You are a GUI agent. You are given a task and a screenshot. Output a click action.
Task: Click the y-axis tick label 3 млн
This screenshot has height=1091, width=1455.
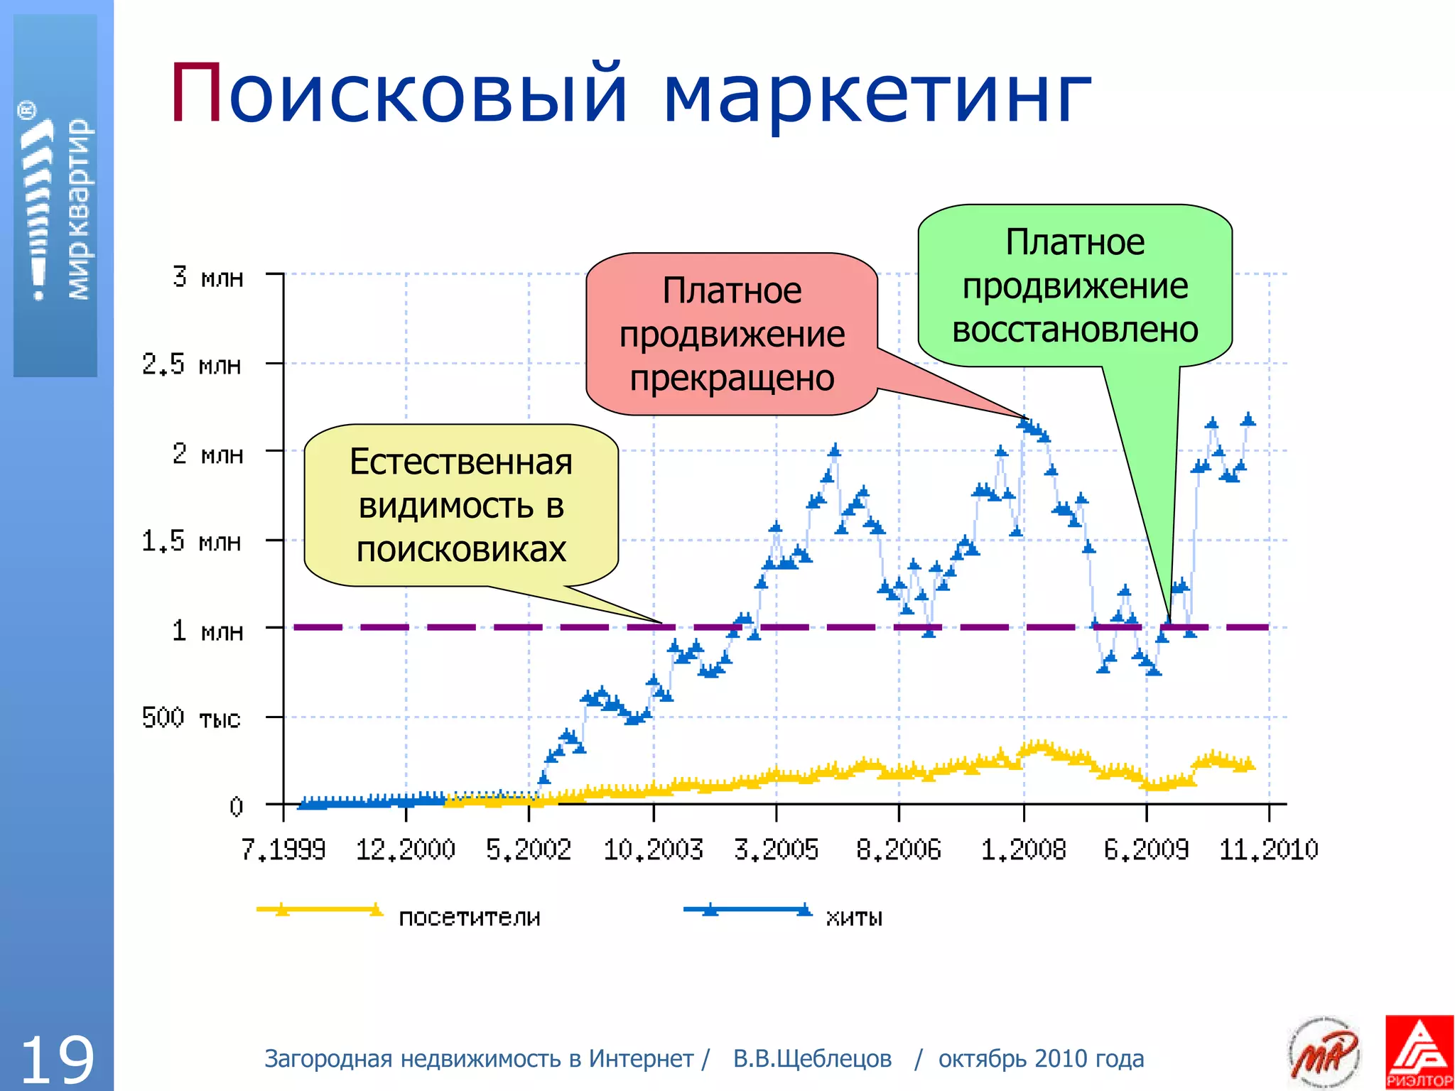pyautogui.click(x=207, y=276)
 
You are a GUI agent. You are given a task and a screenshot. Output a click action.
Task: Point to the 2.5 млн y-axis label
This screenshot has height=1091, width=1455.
pyautogui.click(x=192, y=364)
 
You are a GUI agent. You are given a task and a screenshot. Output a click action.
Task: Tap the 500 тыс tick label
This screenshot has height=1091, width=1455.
pyautogui.click(x=191, y=717)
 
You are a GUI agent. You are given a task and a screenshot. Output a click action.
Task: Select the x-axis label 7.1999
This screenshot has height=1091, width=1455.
pyautogui.click(x=283, y=850)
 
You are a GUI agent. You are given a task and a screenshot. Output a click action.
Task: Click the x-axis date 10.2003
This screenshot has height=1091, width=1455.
pyautogui.click(x=653, y=850)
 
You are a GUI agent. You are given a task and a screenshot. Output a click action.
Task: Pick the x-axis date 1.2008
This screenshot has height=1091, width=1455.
pyautogui.click(x=1023, y=850)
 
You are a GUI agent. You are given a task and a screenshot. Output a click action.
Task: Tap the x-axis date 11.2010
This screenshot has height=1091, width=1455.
pyautogui.click(x=1269, y=850)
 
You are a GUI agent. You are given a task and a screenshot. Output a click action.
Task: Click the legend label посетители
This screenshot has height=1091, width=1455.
pyautogui.click(x=470, y=917)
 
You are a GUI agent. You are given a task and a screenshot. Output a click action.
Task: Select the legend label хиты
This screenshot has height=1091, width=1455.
pyautogui.click(x=854, y=917)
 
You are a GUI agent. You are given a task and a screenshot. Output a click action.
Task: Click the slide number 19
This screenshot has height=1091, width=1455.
pyautogui.click(x=57, y=1059)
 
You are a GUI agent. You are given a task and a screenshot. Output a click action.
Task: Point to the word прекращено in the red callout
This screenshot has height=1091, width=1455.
pyautogui.click(x=732, y=378)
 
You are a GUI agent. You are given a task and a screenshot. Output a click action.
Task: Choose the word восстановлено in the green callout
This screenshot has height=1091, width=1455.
pyautogui.click(x=1075, y=330)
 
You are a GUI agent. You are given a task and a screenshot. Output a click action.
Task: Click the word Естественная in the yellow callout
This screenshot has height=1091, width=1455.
pyautogui.click(x=461, y=462)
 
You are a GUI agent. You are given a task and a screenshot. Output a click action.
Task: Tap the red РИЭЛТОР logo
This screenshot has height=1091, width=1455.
pyautogui.click(x=1419, y=1052)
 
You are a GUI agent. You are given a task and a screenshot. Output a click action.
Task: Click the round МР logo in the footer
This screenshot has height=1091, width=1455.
pyautogui.click(x=1324, y=1052)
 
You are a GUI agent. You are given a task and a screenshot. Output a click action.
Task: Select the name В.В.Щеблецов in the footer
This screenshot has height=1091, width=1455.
pyautogui.click(x=812, y=1058)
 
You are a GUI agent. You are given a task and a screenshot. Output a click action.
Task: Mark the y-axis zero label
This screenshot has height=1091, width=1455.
pyautogui.click(x=236, y=806)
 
